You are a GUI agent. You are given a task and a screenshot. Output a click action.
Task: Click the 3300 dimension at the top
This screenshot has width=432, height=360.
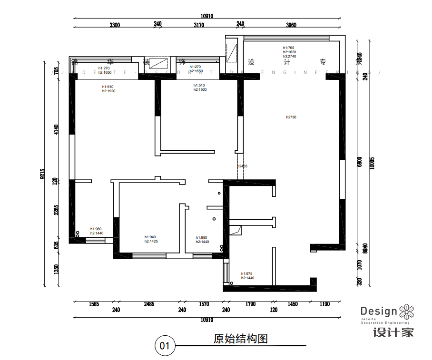[x=114, y=25]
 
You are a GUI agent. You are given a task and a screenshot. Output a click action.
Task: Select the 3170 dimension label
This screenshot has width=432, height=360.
[x=199, y=25]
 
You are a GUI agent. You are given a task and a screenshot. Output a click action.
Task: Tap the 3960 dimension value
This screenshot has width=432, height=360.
[x=291, y=25]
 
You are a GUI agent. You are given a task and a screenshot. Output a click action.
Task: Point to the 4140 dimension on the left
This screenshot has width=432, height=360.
[x=56, y=129]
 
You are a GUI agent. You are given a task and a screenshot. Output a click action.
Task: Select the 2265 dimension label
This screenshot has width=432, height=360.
[x=56, y=210]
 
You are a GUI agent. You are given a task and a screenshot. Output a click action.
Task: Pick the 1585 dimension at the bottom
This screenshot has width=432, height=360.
[x=94, y=304]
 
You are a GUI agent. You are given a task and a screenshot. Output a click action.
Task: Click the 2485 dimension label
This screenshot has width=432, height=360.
[x=148, y=304]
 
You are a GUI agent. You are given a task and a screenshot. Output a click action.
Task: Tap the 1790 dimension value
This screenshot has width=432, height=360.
[x=250, y=304]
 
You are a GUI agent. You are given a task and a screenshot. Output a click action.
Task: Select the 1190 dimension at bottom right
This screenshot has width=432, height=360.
[x=324, y=304]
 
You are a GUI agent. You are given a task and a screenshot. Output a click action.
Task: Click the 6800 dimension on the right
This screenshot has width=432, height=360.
[x=360, y=162]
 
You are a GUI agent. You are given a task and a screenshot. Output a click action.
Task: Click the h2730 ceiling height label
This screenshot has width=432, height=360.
[x=291, y=117]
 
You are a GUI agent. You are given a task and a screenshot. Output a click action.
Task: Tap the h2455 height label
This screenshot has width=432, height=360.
[x=243, y=166]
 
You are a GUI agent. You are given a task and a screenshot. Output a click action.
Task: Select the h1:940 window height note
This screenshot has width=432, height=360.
[x=150, y=237]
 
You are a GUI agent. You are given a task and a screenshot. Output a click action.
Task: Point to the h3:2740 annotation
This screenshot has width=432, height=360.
[x=289, y=56]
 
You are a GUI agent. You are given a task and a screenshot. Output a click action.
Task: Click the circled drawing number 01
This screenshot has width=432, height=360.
[x=165, y=346]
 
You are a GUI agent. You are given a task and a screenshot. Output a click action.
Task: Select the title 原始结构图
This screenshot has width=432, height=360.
[x=240, y=339]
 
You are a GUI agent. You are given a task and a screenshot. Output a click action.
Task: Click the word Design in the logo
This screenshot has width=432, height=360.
[x=378, y=312]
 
